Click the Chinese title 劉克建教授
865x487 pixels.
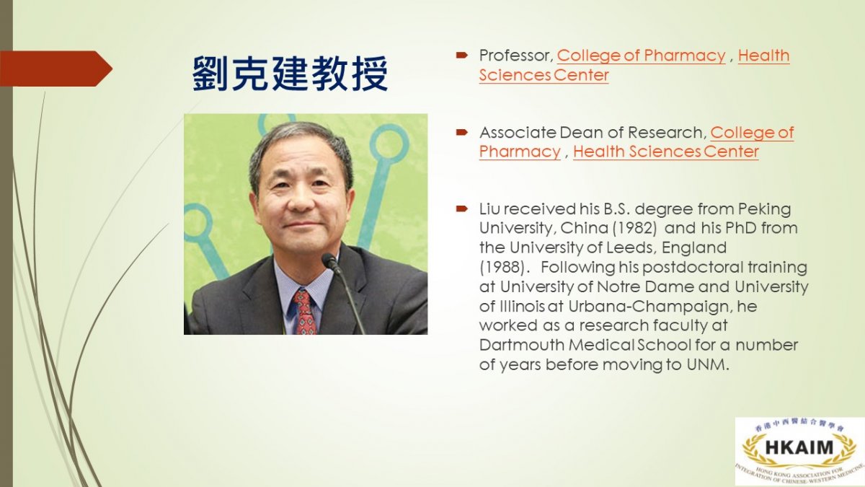point(290,74)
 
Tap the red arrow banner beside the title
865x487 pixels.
point(56,69)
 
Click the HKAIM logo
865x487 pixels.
point(799,451)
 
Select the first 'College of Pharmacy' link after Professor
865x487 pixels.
point(641,56)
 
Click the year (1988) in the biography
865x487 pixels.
point(502,267)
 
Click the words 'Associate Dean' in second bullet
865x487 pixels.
point(537,132)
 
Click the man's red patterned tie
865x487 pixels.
point(305,312)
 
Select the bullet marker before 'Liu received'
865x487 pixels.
point(461,209)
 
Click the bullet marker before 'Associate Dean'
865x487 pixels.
point(461,133)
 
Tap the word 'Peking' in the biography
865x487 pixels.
point(764,209)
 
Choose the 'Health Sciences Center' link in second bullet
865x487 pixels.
point(666,152)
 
